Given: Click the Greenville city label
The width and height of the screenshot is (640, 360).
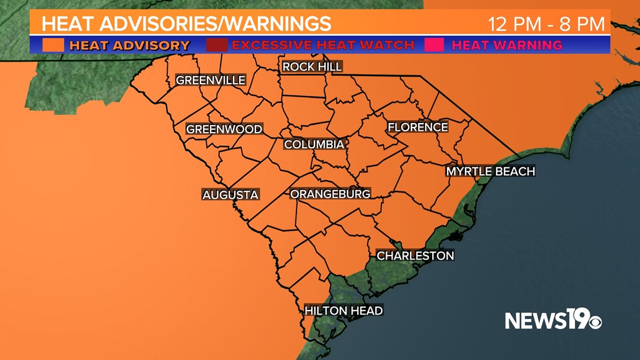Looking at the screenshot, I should click(211, 80).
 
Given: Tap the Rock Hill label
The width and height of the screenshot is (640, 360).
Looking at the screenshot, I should click(312, 67).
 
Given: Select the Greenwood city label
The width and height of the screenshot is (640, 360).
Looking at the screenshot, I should click(224, 129).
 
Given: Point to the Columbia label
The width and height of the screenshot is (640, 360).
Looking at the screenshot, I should click(314, 144).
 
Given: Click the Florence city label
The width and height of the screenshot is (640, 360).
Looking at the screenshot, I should click(418, 127).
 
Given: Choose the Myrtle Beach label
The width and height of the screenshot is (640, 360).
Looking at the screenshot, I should click(490, 171).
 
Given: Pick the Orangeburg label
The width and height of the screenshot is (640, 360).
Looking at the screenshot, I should click(330, 194).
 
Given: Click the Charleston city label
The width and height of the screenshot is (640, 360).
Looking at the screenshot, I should click(415, 256).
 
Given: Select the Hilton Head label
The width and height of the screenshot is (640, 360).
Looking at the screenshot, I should click(344, 310).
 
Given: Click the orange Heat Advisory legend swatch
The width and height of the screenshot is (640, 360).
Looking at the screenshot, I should click(53, 45).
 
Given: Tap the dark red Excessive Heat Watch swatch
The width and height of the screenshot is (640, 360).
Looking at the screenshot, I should click(217, 45).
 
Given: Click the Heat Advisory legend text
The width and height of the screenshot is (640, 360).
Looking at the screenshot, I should click(130, 45).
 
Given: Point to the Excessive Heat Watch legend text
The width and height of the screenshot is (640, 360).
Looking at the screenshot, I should click(323, 45).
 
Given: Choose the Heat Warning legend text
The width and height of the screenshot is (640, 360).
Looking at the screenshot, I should click(507, 45).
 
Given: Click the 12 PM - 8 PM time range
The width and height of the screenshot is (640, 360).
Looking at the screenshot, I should click(546, 24).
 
